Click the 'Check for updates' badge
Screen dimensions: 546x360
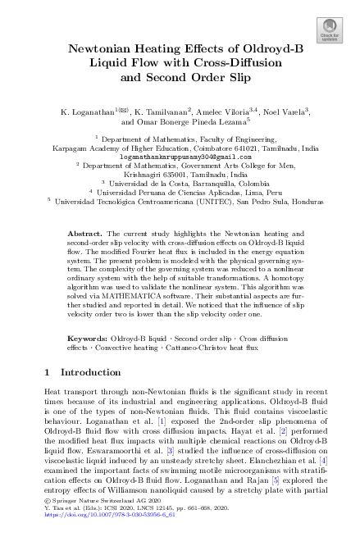click(330, 29)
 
